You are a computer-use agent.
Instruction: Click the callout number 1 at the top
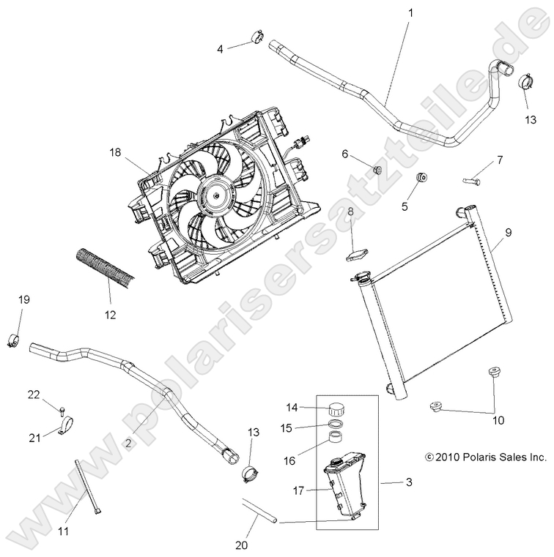[410, 12]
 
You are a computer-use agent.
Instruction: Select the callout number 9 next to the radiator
[508, 232]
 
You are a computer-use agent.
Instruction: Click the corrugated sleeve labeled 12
[106, 266]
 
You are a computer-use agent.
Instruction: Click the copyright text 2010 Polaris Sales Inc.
[486, 457]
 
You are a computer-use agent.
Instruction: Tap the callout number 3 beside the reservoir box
[408, 482]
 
